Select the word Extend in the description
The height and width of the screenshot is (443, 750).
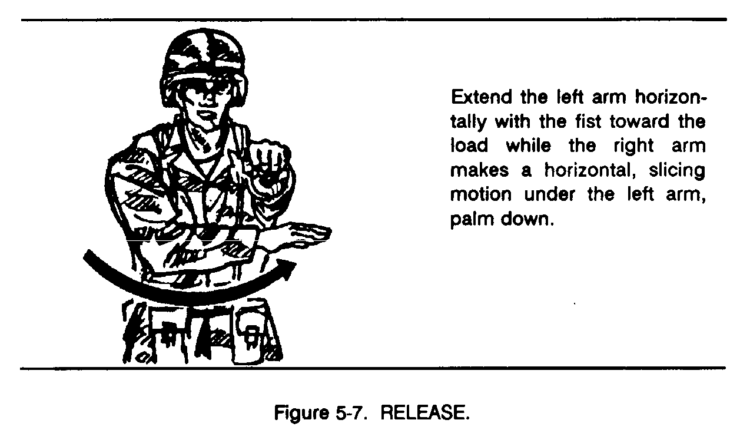pos(482,97)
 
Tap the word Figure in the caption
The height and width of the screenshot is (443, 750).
pos(302,412)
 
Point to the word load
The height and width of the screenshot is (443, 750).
pos(469,146)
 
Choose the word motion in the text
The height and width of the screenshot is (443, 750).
pos(481,194)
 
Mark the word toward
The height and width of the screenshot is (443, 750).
pos(639,121)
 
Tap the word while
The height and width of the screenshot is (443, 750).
pos(528,146)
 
